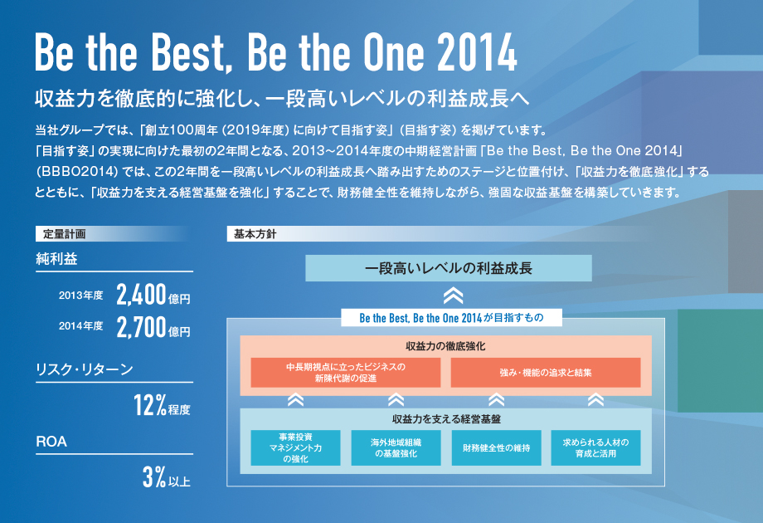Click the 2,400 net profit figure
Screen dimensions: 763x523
[x=142, y=295]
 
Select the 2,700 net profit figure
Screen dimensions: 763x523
[x=142, y=327]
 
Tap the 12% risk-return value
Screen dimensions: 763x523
[x=150, y=405]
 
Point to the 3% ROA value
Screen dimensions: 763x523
[x=154, y=477]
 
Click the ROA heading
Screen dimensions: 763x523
[x=51, y=442]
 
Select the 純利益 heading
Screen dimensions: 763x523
[x=56, y=258]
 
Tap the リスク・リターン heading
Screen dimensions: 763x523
[x=85, y=369]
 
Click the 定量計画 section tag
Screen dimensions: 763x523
[x=64, y=234]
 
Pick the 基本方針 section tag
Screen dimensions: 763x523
[x=255, y=234]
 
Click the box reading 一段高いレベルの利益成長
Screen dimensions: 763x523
[x=449, y=268]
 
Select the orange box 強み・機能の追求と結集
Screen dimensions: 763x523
[x=546, y=373]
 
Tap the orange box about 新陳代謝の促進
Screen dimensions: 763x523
[x=346, y=373]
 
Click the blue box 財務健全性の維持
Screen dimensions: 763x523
[x=496, y=447]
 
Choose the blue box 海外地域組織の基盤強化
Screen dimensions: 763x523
[x=396, y=447]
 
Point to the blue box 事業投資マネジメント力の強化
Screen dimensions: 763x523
[x=295, y=447]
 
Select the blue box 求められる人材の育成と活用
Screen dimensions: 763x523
[x=595, y=447]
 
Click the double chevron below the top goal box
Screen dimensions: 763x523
[x=453, y=295]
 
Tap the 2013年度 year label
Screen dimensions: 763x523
[x=80, y=296]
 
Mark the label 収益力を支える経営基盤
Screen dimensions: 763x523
[x=446, y=419]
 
